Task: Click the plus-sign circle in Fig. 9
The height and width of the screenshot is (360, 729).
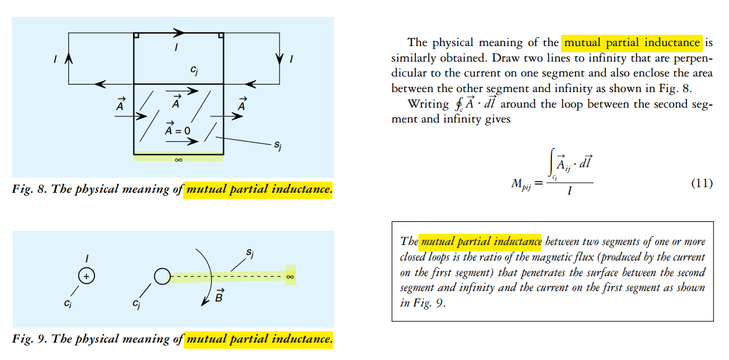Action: point(87,275)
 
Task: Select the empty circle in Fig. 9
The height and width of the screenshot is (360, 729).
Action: point(162,275)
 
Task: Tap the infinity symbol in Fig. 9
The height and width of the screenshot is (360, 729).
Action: point(290,275)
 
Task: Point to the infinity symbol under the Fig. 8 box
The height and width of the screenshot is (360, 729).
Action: point(178,160)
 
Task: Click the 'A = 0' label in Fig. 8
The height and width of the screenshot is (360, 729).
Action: point(177,131)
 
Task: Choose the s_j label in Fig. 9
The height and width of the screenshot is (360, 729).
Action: point(249,254)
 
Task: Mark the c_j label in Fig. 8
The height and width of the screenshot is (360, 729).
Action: point(195,71)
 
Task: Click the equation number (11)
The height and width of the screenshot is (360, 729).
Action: point(701,183)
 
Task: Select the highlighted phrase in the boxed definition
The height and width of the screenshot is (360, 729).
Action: point(480,241)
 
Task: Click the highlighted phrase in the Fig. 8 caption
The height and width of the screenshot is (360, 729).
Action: point(259,189)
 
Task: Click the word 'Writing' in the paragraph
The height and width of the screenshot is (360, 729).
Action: point(428,104)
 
